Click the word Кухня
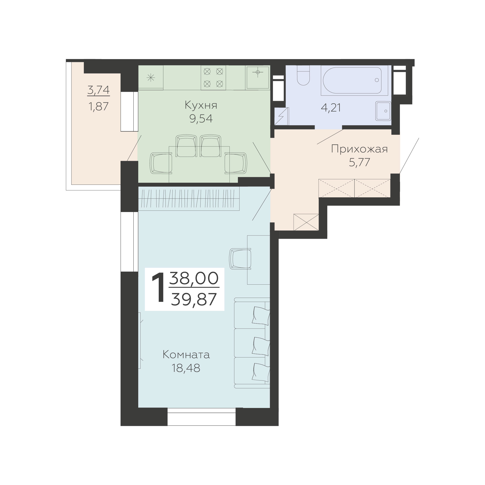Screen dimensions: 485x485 (x=201, y=105)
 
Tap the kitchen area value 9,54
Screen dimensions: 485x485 (x=201, y=118)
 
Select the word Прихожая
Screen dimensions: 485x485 (x=360, y=149)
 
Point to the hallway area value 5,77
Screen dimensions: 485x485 (x=360, y=162)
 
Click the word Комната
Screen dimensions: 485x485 (x=186, y=355)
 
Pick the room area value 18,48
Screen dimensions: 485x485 (x=186, y=368)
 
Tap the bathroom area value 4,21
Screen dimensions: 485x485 (x=331, y=108)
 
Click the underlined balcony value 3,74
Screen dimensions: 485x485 (x=98, y=90)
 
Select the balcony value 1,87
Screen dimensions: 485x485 (x=98, y=106)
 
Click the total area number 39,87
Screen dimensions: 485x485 (x=194, y=300)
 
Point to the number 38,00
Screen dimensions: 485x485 (x=194, y=278)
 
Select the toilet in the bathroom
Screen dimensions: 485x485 (x=303, y=75)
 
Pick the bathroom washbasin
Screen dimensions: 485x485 (x=383, y=111)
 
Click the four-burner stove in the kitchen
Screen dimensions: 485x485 (x=213, y=77)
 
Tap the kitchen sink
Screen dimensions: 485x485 (x=258, y=77)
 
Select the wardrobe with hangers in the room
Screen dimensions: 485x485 (x=189, y=199)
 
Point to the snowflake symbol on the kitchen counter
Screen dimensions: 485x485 (x=151, y=78)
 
